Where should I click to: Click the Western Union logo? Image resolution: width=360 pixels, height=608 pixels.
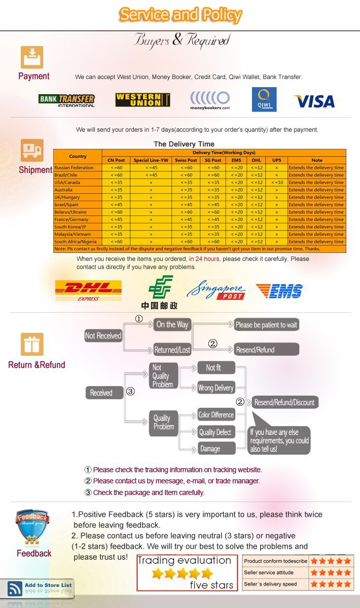[142, 100]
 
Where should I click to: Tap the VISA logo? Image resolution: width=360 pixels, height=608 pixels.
[314, 101]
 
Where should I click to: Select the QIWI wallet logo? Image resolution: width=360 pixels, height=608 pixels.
[264, 99]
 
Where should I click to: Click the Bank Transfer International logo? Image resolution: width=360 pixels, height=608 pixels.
[66, 100]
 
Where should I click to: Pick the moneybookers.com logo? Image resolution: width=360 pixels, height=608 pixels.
[210, 100]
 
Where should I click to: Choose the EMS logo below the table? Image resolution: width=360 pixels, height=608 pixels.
[279, 291]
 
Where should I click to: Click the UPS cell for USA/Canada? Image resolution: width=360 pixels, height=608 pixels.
[276, 182]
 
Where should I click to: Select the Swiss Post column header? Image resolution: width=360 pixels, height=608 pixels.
[186, 160]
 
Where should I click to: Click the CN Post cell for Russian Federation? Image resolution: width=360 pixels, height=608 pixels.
[116, 168]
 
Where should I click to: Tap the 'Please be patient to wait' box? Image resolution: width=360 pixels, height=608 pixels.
[266, 325]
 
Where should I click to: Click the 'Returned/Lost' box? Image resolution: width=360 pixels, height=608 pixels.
[172, 350]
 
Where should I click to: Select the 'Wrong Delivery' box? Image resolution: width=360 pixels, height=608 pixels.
[216, 388]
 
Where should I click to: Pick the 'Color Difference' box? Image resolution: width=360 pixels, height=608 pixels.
[216, 415]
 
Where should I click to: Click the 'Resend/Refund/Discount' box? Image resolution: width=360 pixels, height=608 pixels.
[284, 402]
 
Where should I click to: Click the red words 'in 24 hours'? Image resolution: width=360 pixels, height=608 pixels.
[204, 259]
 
